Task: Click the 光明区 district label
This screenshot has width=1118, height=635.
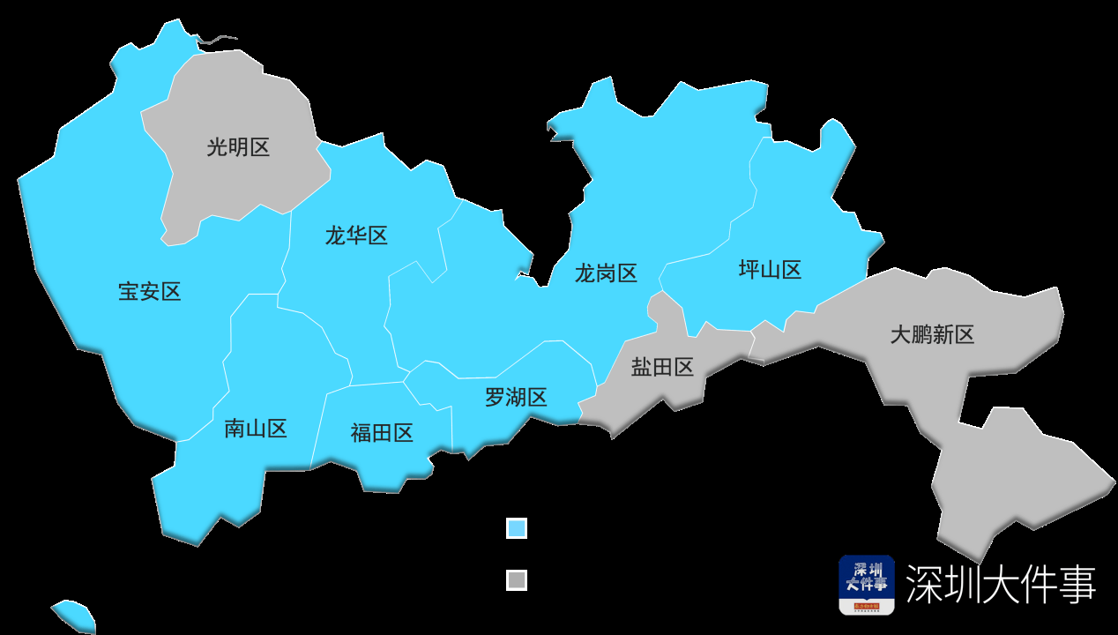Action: (x=238, y=147)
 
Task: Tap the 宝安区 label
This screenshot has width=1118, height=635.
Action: (x=150, y=292)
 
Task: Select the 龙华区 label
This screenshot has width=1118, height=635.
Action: (x=356, y=235)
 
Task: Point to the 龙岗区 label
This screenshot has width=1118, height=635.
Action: (x=606, y=273)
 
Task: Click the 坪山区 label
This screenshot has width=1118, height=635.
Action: (x=770, y=270)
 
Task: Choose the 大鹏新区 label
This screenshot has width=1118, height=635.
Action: (x=932, y=335)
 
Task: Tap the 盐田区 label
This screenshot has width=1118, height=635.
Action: (x=663, y=368)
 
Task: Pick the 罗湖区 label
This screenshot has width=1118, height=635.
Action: (x=516, y=398)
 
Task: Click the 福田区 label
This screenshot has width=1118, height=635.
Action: (x=382, y=433)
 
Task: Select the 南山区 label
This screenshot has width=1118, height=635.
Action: (x=256, y=430)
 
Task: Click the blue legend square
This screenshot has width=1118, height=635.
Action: (x=517, y=528)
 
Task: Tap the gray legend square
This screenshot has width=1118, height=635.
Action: (x=517, y=580)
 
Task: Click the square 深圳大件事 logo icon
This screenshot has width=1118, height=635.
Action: (x=866, y=585)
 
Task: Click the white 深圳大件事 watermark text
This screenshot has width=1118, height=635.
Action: (x=1001, y=585)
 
